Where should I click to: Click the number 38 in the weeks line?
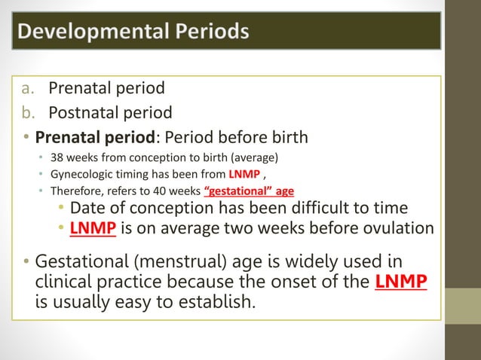pyautogui.click(x=57, y=158)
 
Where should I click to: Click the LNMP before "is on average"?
pyautogui.click(x=93, y=228)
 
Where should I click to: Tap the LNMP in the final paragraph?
pyautogui.click(x=400, y=282)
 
